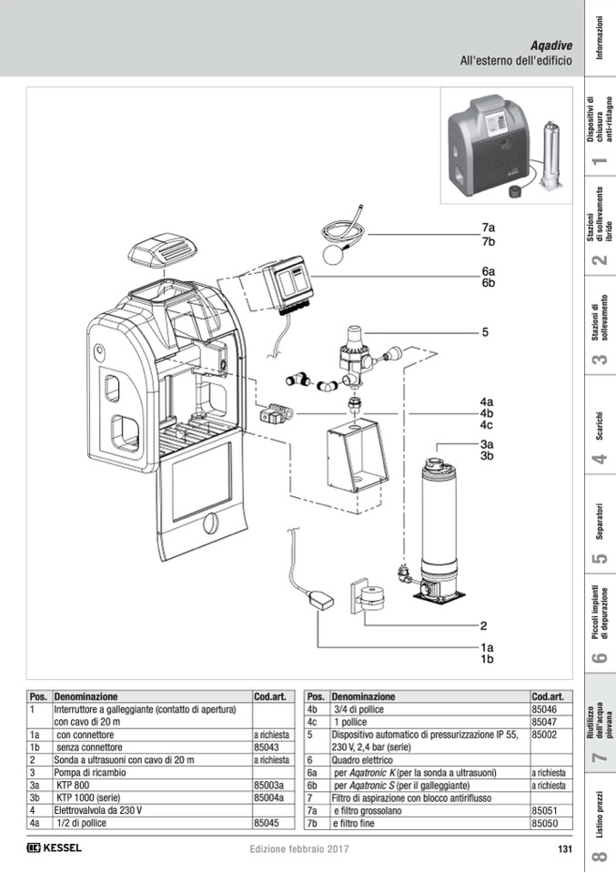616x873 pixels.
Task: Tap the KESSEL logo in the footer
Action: point(55,848)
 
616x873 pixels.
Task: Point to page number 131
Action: point(563,848)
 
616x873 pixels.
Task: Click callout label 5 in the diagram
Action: point(486,332)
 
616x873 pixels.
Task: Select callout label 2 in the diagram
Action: point(484,625)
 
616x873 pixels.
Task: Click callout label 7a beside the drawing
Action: point(488,228)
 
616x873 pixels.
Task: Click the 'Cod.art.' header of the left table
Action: point(269,695)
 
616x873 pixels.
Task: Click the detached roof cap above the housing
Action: point(161,248)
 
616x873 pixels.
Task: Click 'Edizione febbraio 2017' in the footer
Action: point(299,848)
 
